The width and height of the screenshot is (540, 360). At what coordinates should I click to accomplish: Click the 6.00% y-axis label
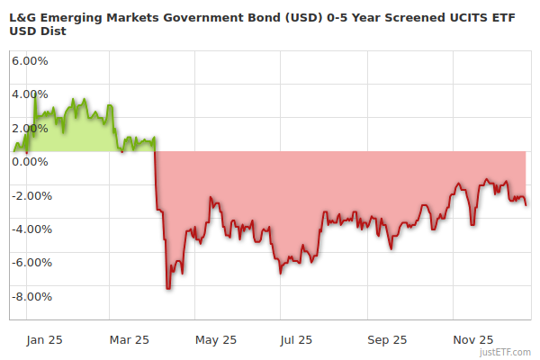30,61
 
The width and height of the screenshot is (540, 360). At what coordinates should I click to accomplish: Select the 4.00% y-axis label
30,94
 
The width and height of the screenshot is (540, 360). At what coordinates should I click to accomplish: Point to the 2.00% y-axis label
30,129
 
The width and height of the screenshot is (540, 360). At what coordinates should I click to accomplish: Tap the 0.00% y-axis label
30,162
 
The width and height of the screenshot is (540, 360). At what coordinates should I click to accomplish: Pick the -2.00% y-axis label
30,196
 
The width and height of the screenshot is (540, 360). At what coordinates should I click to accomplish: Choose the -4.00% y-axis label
30,229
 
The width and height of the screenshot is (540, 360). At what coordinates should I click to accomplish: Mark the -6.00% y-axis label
30,264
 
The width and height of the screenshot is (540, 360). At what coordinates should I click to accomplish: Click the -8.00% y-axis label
30,297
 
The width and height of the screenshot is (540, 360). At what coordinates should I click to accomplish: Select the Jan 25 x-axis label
43,340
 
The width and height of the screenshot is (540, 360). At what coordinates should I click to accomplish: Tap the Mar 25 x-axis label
128,340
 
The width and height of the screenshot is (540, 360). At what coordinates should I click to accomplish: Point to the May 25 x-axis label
215,340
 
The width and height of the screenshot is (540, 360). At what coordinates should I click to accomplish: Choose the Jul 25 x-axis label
297,340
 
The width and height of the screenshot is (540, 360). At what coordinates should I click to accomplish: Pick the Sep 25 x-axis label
387,340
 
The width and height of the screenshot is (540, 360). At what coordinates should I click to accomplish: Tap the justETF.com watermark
508,352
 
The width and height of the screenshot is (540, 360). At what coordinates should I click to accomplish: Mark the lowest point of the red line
168,288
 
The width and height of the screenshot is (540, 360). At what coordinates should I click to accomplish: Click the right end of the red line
526,204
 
